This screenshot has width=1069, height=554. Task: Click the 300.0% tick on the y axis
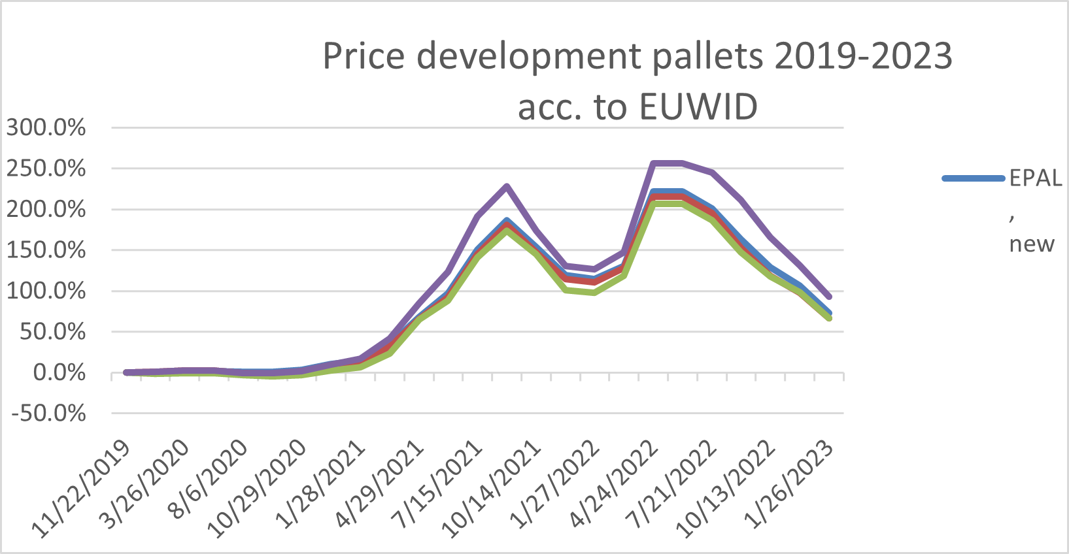point(46,128)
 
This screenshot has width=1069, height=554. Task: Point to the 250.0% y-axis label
point(46,169)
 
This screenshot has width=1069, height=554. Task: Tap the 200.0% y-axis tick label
point(46,210)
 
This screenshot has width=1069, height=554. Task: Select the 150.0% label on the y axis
point(46,250)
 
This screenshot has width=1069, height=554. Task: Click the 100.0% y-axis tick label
point(46,291)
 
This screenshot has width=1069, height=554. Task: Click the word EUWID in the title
point(698,106)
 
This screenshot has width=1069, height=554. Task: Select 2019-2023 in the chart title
point(863,56)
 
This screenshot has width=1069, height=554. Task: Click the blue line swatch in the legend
point(974,178)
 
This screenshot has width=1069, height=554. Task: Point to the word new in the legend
point(1032,244)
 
